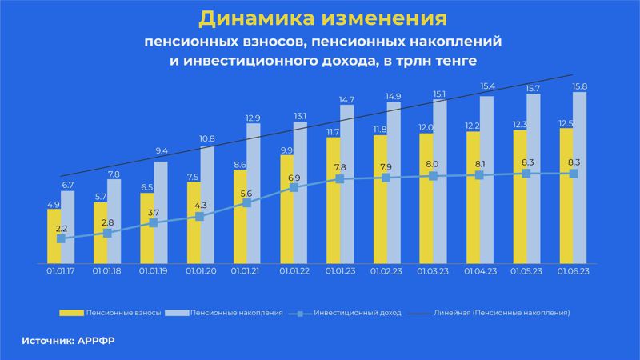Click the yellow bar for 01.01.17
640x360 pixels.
pos(54,236)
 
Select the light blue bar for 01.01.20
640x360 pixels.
pos(206,204)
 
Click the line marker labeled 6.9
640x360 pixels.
pos(294,188)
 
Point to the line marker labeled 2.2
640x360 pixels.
pos(61,238)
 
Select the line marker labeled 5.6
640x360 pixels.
pos(247,203)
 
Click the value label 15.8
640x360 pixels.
pos(580,86)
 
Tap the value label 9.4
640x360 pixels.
pos(160,150)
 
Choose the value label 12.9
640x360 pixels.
pos(253,118)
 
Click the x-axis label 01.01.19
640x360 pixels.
pos(153,272)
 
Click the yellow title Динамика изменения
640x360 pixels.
pos(320,18)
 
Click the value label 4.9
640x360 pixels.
pos(54,204)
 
